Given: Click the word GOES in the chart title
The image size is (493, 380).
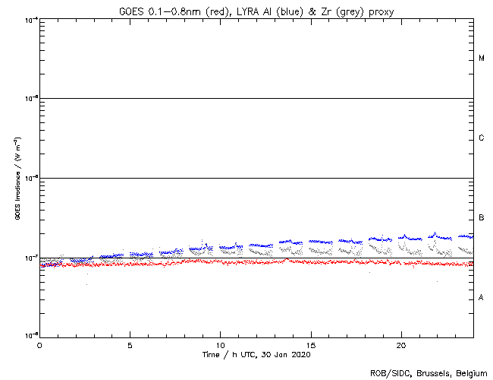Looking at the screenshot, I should (131, 11).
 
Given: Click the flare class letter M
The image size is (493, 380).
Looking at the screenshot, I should (482, 59).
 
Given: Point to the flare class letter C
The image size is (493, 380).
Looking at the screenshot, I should (482, 138).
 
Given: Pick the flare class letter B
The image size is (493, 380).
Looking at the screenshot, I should (482, 218).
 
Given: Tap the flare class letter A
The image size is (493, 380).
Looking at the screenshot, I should (482, 298).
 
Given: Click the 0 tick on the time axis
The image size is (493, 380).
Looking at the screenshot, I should (39, 345).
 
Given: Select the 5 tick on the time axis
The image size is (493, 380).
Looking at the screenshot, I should (130, 345).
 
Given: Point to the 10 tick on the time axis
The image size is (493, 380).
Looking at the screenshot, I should (220, 345).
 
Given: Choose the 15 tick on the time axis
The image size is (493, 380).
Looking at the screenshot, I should (310, 345).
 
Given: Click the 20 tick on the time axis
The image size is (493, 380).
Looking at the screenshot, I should (400, 345).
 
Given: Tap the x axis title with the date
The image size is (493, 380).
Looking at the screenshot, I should (256, 355).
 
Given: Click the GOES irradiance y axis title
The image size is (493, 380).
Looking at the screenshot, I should (17, 178).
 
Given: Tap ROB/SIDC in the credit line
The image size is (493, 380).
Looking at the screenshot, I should (389, 373).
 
